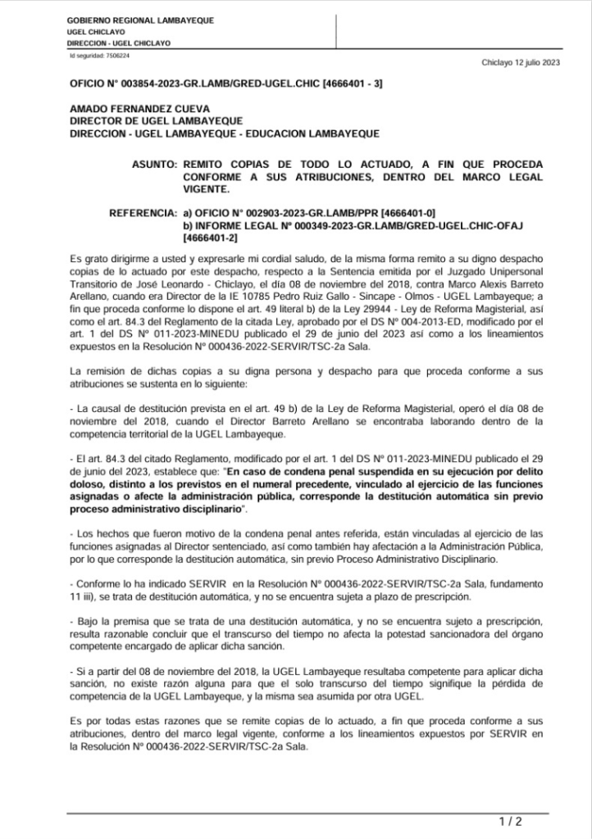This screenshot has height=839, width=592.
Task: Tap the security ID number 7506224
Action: pyautogui.click(x=117, y=56)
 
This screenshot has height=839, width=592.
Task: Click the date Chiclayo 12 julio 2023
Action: pyautogui.click(x=521, y=62)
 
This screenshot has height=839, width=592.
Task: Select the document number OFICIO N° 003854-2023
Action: pyautogui.click(x=139, y=84)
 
